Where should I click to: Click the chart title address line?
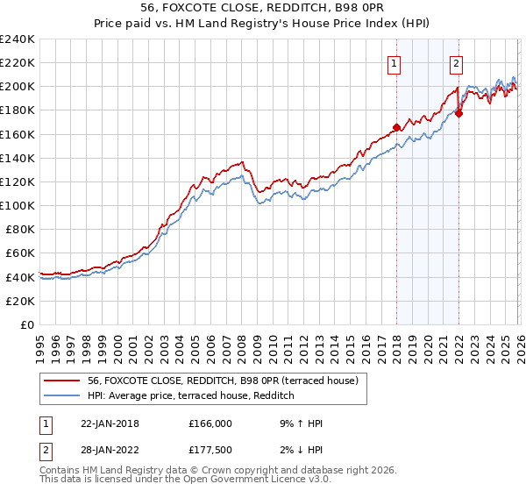(262, 8)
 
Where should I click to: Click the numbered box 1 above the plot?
(394, 62)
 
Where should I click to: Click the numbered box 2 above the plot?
(457, 62)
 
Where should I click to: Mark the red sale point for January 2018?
(396, 127)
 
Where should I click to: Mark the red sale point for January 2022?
(458, 113)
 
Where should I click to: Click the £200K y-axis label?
(18, 86)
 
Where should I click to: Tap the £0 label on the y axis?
(26, 324)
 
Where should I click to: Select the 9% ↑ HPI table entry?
(298, 423)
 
